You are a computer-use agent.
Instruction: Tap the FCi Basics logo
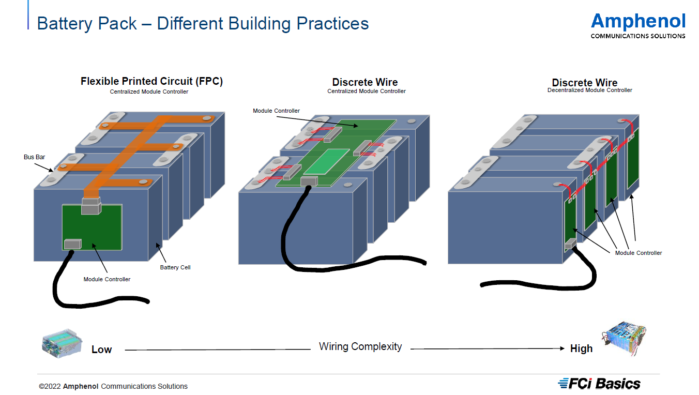[600, 384]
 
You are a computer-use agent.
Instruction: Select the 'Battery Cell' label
[175, 267]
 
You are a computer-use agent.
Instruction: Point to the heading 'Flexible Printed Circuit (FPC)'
[151, 82]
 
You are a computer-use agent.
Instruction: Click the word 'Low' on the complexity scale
[101, 350]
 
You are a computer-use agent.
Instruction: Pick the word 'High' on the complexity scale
[581, 348]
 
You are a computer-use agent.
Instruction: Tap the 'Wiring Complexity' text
[360, 346]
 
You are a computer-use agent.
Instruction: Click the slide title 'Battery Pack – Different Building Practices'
[203, 24]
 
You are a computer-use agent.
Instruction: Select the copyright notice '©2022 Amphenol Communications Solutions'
[113, 386]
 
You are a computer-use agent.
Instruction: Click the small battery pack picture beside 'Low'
[61, 342]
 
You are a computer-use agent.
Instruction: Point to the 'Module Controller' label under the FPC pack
[107, 279]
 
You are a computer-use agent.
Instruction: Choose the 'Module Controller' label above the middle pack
[276, 111]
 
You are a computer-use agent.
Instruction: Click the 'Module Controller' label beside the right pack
[639, 253]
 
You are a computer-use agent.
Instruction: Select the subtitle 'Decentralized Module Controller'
[589, 90]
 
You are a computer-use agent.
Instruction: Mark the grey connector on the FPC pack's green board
[72, 243]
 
